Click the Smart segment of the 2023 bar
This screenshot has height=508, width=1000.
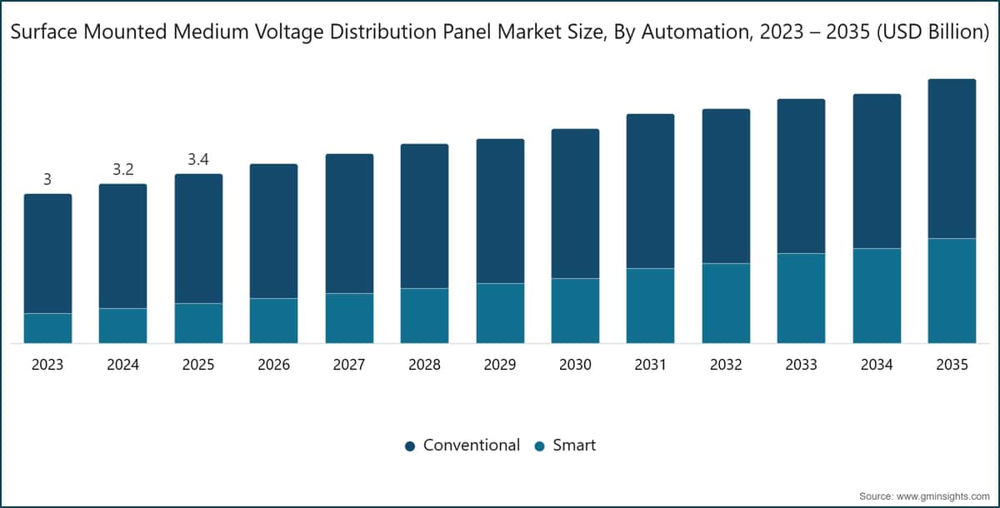[47, 328]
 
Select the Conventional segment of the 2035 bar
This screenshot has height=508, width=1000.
[952, 159]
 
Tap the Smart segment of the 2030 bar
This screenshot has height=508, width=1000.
[576, 311]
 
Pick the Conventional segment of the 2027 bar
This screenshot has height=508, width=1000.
[349, 224]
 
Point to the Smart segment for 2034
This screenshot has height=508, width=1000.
[877, 296]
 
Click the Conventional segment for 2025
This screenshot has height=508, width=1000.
[198, 239]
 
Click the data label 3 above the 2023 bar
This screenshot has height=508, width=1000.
[47, 179]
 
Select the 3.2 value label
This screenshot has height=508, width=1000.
[123, 170]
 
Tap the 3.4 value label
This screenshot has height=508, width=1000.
[198, 159]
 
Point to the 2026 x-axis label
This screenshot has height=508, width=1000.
[273, 365]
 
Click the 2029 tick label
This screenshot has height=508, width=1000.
[500, 365]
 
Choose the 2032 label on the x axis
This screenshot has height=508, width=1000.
[726, 365]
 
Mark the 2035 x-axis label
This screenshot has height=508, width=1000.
[952, 365]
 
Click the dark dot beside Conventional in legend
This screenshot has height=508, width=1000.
[410, 446]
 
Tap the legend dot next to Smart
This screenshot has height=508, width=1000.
[539, 446]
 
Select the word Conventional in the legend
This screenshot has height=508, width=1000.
[472, 445]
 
